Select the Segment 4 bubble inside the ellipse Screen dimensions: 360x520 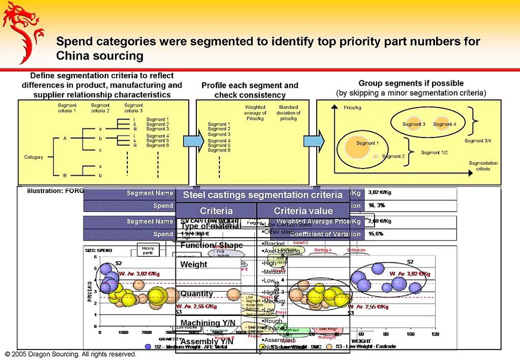(444, 124)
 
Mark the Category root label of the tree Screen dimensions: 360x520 (33, 157)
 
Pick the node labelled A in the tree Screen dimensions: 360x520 (64, 137)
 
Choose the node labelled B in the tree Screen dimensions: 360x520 (64, 175)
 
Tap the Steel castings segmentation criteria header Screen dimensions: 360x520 (263, 195)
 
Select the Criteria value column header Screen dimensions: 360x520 (303, 211)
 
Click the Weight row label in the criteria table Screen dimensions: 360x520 (194, 264)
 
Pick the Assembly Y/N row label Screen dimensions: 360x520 (204, 342)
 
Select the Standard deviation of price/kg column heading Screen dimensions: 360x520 (288, 113)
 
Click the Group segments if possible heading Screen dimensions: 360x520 (411, 83)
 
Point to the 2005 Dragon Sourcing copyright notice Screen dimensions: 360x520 (70, 354)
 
